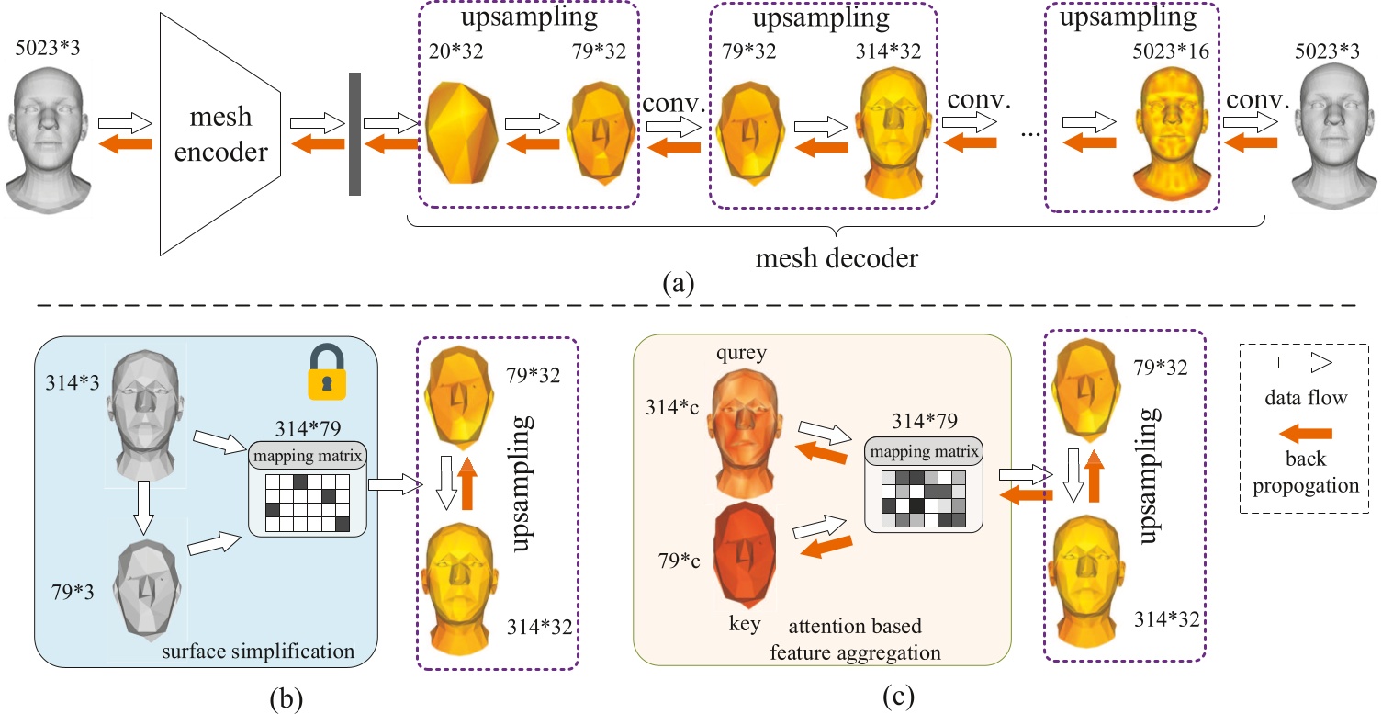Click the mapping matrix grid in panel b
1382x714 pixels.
point(308,503)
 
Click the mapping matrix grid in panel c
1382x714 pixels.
point(925,500)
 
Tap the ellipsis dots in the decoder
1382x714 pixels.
point(1030,130)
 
